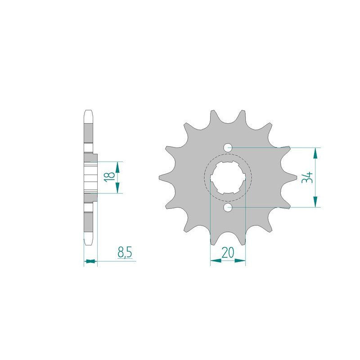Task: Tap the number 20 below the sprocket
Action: coord(228,252)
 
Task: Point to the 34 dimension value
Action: coord(307,177)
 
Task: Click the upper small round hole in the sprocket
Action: coord(228,147)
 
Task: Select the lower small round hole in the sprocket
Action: coord(228,207)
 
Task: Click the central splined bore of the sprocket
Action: coord(228,177)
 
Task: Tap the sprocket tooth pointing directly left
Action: coord(162,177)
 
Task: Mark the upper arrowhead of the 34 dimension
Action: coord(316,152)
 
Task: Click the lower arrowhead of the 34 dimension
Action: coord(316,202)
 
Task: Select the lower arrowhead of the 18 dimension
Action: coord(117,189)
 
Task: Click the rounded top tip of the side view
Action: coord(89,111)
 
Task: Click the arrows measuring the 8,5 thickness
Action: coord(90,261)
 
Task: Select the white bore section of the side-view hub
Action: coord(90,177)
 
